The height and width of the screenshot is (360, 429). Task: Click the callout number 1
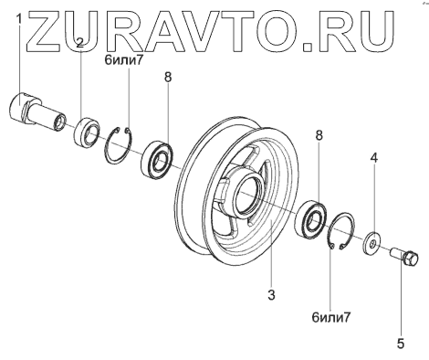19,19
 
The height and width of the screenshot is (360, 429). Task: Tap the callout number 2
79,43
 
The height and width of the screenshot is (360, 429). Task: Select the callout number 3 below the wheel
271,295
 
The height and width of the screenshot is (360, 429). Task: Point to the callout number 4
374,158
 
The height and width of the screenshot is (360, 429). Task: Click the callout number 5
401,344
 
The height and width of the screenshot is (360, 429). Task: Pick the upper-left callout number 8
168,77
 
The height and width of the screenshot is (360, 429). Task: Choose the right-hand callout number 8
319,135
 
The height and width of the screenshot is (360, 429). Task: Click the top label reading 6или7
123,60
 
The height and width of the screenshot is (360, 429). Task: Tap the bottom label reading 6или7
331,318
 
